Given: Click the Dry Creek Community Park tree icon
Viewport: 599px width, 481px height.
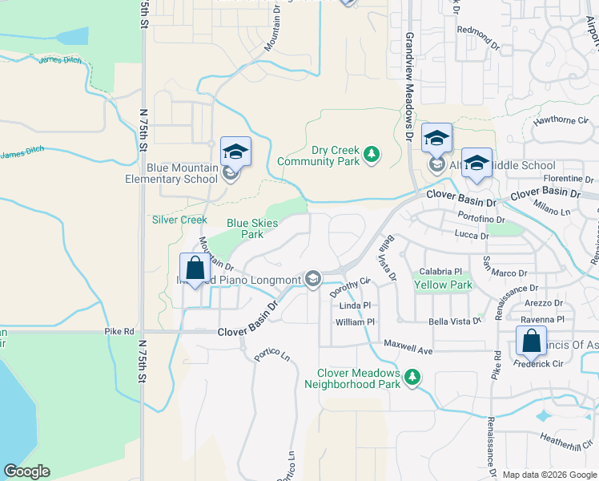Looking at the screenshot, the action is click(371, 153).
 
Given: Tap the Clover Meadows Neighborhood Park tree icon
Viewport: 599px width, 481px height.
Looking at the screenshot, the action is click(412, 376).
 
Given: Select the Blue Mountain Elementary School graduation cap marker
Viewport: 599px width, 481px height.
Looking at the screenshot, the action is click(235, 151).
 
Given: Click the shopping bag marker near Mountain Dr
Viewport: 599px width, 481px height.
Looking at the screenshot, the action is click(194, 268).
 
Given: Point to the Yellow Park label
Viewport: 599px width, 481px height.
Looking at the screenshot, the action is click(441, 285).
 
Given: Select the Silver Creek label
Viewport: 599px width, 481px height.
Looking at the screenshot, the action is click(179, 220).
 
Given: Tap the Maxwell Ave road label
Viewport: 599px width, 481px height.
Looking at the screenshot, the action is click(408, 350).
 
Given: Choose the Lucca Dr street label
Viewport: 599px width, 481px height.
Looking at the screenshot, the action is click(472, 236).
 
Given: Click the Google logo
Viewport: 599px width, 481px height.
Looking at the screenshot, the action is click(26, 471).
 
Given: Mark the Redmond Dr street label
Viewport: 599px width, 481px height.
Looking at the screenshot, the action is click(477, 30).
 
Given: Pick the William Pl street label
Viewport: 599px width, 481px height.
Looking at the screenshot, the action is click(350, 322).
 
